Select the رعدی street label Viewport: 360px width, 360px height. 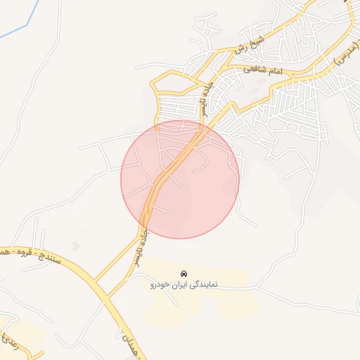coord(6,343)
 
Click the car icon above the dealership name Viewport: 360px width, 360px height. coord(184,274)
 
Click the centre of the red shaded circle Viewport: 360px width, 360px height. coord(180,179)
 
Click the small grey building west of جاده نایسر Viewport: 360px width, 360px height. coord(75,246)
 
